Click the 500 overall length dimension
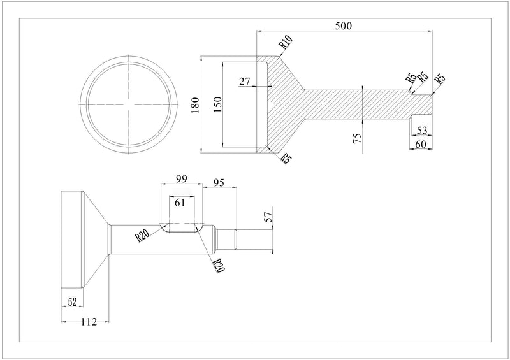pos(344,25)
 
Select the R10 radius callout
pos(286,42)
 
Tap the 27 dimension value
pos(245,82)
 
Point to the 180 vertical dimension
pos(195,104)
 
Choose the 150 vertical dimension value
pos(217,104)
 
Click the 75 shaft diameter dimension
pos(357,138)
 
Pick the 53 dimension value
pos(421,131)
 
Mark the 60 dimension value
pos(421,144)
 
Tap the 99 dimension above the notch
pos(181,179)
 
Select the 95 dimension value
pos(219,183)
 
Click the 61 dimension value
pos(180,203)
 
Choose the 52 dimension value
pos(72,302)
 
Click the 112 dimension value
pos(89,322)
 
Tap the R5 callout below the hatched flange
pos(286,159)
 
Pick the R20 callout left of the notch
pos(142,236)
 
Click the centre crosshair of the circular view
pos(129,104)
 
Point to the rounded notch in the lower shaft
pos(182,228)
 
